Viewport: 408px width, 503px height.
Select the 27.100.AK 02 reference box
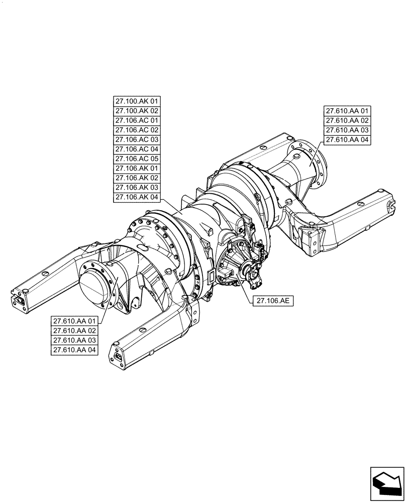(137, 111)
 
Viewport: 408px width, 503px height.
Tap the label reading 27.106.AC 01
(137, 121)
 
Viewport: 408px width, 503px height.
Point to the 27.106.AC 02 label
(137, 130)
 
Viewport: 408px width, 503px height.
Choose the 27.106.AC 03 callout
(137, 140)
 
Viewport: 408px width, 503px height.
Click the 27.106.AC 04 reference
(137, 149)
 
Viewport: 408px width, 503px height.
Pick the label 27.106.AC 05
(137, 159)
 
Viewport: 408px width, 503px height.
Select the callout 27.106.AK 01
(137, 169)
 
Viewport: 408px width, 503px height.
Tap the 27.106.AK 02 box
(137, 178)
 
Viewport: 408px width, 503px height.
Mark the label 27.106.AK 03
(137, 188)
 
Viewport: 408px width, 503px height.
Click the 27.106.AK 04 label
(137, 197)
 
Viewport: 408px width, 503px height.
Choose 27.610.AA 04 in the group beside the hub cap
(74, 350)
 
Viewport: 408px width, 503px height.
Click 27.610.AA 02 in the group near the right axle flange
(347, 121)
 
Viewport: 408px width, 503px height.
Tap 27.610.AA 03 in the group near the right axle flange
(347, 131)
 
